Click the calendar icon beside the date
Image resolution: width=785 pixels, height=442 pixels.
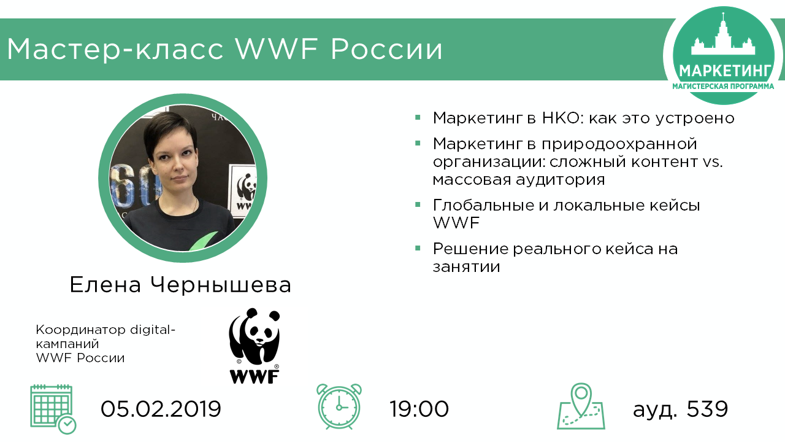click(53, 409)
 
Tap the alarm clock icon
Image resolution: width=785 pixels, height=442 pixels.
click(339, 406)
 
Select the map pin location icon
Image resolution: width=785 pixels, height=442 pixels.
click(581, 406)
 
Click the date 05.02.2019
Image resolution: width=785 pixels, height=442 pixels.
click(161, 409)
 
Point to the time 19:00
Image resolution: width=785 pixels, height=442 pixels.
click(419, 409)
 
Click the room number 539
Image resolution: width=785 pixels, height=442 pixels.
click(707, 409)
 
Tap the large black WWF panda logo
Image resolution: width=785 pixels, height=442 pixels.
click(255, 346)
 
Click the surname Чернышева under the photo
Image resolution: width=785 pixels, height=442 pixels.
click(221, 284)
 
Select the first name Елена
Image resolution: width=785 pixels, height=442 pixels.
click(105, 284)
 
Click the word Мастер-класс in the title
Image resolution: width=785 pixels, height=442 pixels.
click(115, 49)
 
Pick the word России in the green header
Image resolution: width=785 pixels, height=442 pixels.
click(386, 49)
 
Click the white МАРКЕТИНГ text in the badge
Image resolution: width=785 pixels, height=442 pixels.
click(725, 71)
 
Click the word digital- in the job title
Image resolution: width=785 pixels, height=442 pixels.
click(153, 330)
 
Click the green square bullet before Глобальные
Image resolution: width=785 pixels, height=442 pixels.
click(418, 204)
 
